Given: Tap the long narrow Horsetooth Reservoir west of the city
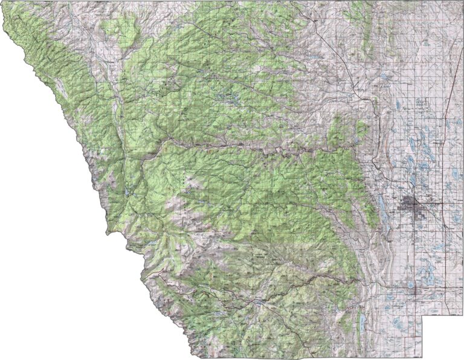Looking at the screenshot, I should coord(382,205).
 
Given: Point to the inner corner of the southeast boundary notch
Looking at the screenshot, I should coord(422,315).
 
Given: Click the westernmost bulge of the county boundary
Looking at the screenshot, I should coord(107,233).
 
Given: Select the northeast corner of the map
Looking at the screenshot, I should coord(462,2).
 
